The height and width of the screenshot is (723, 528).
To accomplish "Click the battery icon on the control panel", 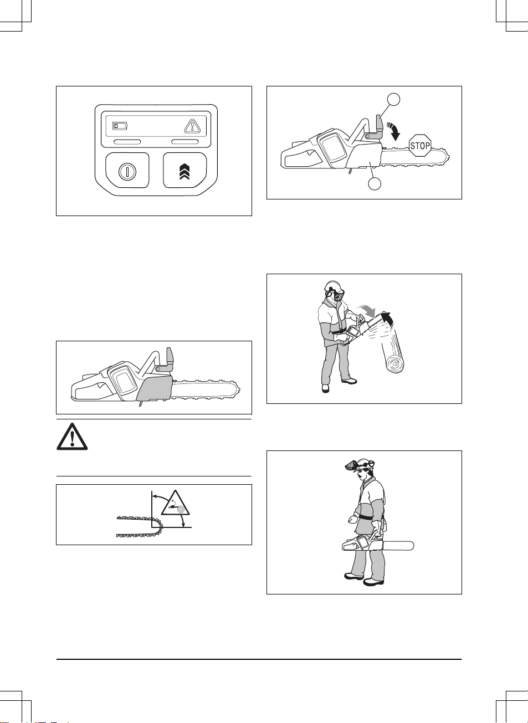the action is click(120, 126).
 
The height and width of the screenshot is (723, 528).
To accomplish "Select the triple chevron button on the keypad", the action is click(184, 171).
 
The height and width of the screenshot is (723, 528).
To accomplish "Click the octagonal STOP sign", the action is click(420, 146).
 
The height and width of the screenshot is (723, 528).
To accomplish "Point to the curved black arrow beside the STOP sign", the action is click(394, 131).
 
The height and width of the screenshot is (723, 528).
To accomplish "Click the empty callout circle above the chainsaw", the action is click(394, 99).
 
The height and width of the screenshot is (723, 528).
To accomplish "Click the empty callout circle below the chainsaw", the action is click(375, 183).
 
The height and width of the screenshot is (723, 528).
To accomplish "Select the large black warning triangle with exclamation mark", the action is click(72, 437).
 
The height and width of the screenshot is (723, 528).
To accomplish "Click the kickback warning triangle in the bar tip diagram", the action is click(175, 503).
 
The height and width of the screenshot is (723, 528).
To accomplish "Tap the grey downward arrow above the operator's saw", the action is click(366, 310).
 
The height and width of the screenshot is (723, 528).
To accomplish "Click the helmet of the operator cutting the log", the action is click(333, 286).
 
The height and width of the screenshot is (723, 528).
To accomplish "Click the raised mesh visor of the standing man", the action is click(352, 465).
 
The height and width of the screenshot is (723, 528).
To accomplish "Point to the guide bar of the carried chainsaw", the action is click(398, 546).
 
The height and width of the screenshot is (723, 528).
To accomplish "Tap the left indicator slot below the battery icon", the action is click(127, 142).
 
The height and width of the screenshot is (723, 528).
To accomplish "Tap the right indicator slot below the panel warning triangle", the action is click(184, 142).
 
